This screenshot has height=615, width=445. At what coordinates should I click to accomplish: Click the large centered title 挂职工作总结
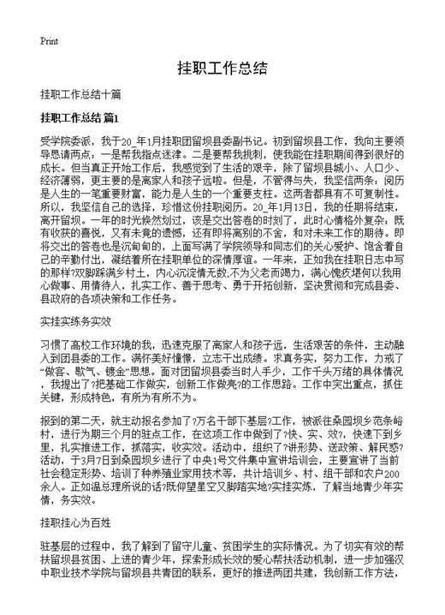222,68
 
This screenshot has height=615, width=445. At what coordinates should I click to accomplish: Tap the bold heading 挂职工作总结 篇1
84,116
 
